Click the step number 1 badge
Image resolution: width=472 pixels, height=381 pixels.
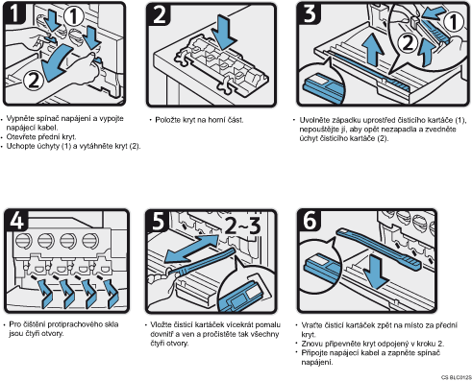(x=14, y=13)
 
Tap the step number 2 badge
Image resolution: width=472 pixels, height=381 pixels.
(x=159, y=14)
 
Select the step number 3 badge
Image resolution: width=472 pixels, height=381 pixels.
(x=309, y=13)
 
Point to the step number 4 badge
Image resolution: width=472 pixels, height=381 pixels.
(x=16, y=221)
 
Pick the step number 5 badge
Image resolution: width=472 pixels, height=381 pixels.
(x=158, y=221)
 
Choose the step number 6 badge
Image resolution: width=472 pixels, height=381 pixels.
(x=310, y=220)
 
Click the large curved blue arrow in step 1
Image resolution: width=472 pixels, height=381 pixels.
(x=55, y=62)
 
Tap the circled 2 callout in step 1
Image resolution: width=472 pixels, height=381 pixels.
(x=34, y=81)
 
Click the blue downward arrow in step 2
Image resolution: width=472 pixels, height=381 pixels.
(x=226, y=33)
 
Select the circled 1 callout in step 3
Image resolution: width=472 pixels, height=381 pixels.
(x=454, y=22)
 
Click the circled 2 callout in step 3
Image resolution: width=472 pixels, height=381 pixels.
(x=408, y=43)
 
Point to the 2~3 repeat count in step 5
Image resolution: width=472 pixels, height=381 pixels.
(x=242, y=226)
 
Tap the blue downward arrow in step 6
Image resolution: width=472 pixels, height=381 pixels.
(x=376, y=273)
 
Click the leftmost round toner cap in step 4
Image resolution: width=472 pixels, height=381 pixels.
(x=23, y=241)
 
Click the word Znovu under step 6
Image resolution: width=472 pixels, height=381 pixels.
(x=312, y=344)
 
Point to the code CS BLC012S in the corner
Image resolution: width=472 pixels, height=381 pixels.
(x=457, y=377)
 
